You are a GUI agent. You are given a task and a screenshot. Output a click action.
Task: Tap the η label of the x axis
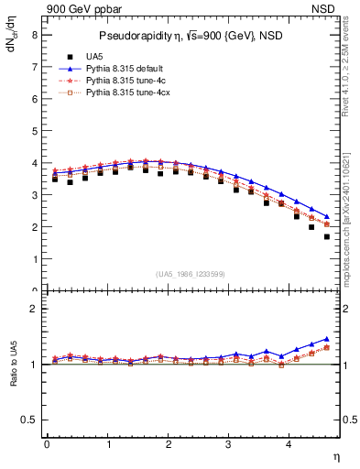pos(336,457)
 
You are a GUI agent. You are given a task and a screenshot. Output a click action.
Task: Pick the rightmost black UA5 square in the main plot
pos(327,236)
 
